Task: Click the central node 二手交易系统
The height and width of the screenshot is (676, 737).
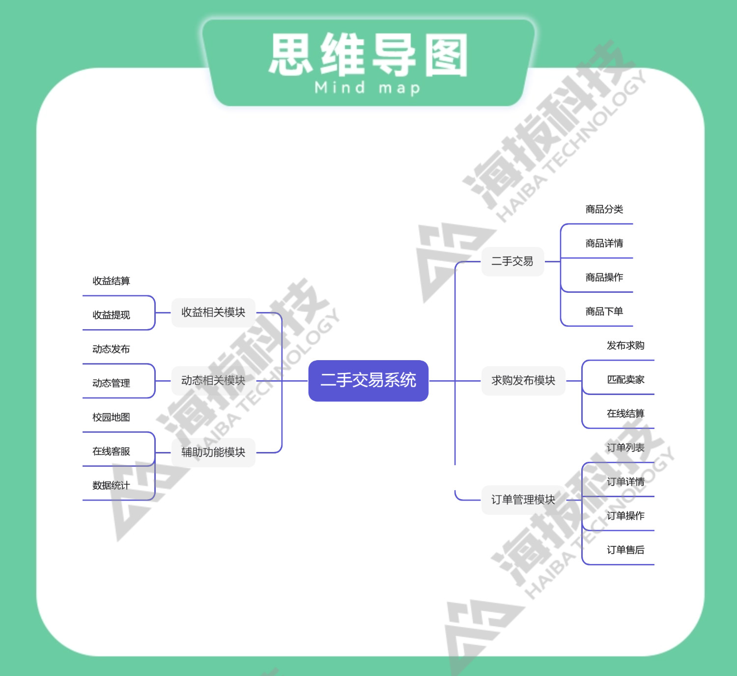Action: point(368,381)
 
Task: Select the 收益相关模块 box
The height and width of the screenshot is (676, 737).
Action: point(213,312)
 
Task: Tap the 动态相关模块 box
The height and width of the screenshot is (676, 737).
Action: point(213,381)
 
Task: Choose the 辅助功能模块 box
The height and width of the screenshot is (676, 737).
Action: point(213,452)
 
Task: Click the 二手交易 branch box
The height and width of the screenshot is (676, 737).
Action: point(512,261)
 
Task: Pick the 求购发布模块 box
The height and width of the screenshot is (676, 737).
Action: point(523,381)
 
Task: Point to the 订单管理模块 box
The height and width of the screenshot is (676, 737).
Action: point(523,500)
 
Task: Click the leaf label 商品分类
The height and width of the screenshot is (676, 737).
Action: point(604,210)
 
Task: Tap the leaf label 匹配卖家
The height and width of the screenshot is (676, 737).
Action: point(625,380)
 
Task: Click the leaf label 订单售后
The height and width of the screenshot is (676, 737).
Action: point(625,550)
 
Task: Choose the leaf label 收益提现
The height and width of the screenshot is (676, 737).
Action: point(112,315)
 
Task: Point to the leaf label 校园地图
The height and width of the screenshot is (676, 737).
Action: point(112,418)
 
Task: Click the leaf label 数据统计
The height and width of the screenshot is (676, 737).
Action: point(112,486)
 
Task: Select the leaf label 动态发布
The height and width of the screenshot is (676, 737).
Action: point(112,349)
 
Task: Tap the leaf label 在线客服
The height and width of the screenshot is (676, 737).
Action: point(112,451)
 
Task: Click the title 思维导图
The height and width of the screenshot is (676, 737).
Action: point(368,55)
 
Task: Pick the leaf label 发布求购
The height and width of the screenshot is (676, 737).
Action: point(625,346)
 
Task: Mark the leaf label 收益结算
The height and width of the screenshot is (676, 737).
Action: point(112,281)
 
